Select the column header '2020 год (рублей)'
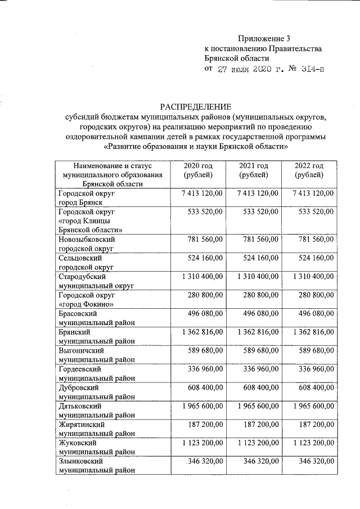198,170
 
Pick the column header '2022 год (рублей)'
309,170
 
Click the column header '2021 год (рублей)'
253,170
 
